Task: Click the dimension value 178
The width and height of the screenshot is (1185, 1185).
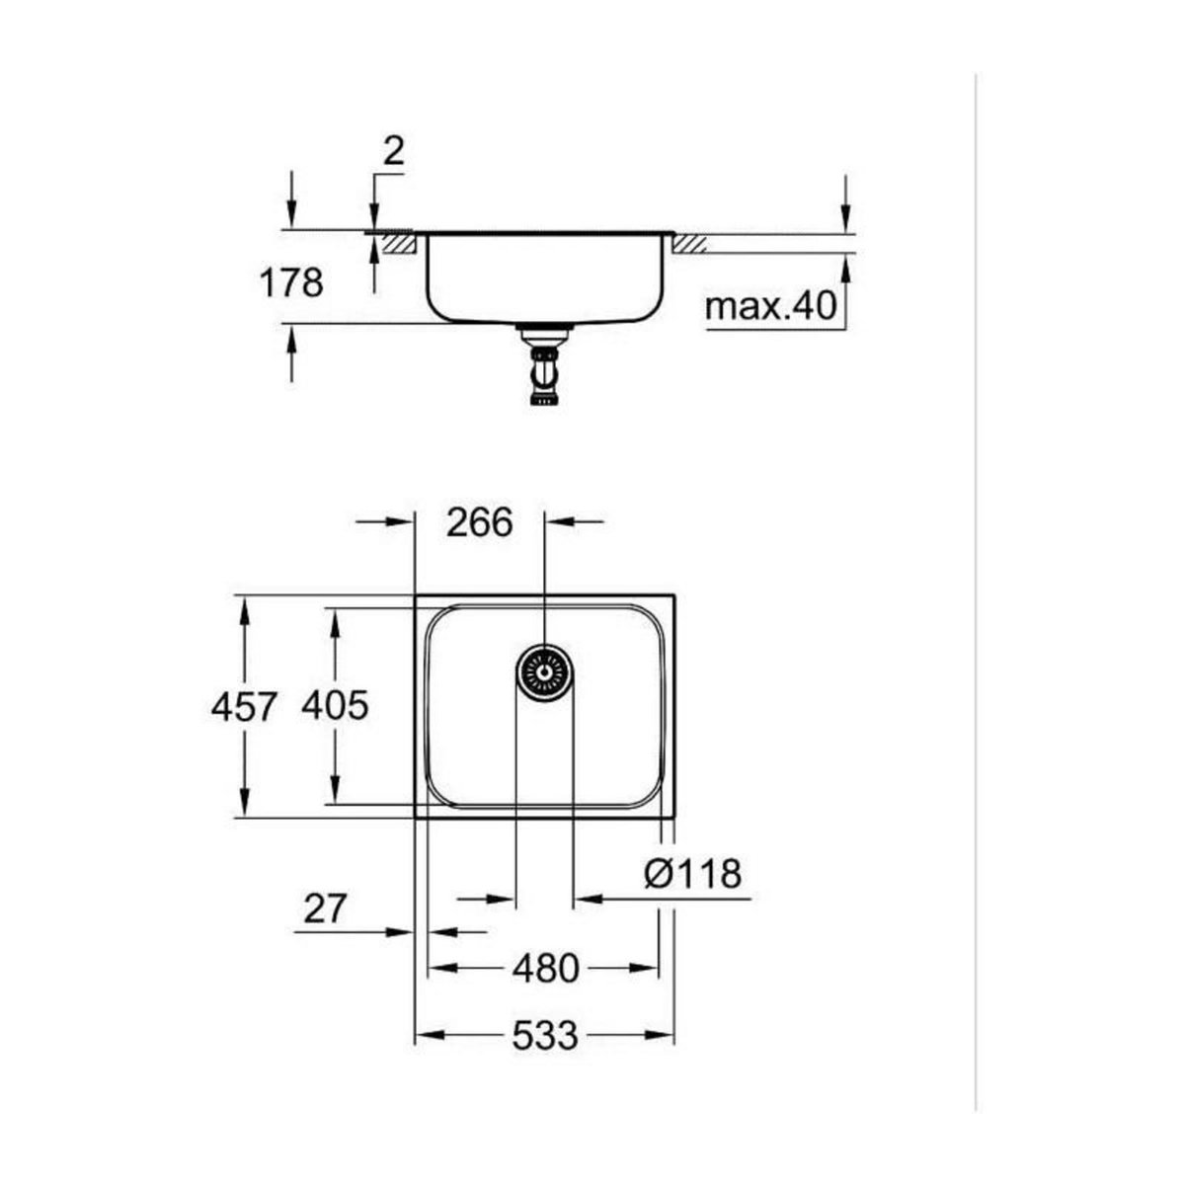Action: point(291,283)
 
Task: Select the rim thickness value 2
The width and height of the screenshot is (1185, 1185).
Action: point(393,153)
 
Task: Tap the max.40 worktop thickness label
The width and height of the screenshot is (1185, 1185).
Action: point(770,307)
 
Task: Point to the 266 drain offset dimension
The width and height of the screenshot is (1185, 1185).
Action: point(479,522)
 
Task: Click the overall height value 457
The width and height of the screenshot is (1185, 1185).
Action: point(244,706)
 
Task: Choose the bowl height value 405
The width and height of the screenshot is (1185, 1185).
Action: point(335,706)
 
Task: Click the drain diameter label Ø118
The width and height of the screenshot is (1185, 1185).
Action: point(691,873)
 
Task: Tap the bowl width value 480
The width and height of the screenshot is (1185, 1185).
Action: point(544,969)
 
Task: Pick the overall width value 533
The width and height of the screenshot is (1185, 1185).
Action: point(544,1036)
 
